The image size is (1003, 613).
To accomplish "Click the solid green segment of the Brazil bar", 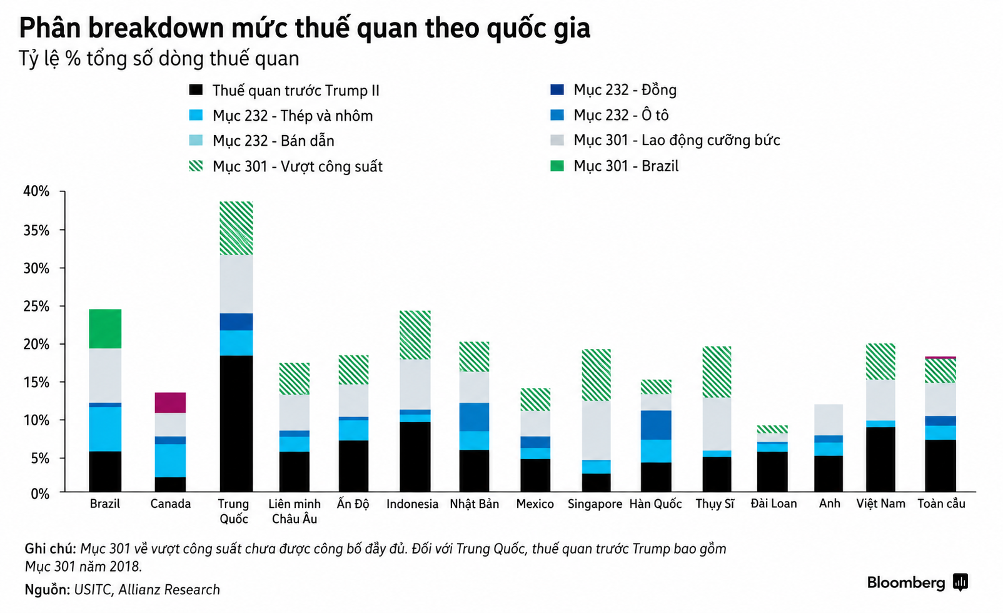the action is (105, 328).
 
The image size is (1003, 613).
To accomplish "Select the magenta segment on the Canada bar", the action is (170, 403).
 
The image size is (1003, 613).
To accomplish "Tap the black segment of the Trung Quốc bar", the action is (236, 423).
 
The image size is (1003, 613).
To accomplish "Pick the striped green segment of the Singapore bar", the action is (596, 375).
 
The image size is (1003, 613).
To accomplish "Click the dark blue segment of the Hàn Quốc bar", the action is (656, 425).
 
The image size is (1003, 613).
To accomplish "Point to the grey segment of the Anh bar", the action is (829, 420).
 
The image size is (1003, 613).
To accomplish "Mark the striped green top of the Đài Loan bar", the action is (772, 429).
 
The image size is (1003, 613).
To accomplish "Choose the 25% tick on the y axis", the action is (63, 306).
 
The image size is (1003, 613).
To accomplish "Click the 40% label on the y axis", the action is (36, 191).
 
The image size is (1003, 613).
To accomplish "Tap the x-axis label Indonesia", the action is (413, 504).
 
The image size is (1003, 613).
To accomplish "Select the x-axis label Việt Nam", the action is (881, 504).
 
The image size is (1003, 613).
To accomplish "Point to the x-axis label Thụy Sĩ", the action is (715, 504).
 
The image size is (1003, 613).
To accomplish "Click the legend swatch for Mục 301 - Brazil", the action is (557, 166).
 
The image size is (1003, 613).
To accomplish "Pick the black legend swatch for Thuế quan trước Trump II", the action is (196, 90).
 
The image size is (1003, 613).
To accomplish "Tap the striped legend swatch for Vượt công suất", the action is (196, 166).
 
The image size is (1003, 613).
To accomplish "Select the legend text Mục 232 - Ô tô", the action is (621, 115).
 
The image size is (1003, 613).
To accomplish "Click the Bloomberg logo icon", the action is (960, 582).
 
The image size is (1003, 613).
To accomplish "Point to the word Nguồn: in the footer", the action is (47, 590).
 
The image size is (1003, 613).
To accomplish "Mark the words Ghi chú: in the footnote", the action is (50, 549).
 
